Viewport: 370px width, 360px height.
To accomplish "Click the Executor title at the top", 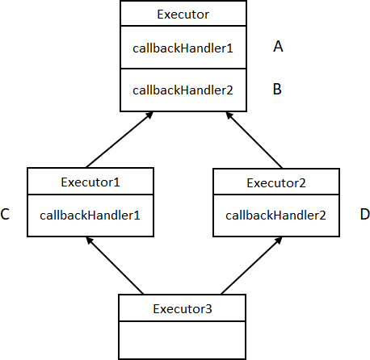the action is [183, 15].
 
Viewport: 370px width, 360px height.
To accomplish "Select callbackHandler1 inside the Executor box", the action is [183, 48].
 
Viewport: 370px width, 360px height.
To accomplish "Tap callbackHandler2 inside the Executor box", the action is [183, 90].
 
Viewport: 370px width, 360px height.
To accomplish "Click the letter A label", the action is [278, 46].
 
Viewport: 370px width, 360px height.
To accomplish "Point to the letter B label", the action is [277, 89].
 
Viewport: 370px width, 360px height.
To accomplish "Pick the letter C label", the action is [5, 214].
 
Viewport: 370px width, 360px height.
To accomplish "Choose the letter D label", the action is [365, 215].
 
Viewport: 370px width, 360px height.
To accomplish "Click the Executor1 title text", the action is [90, 182].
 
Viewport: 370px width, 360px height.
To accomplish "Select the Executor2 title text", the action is [276, 183].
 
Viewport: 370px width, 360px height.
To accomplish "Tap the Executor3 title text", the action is [183, 309].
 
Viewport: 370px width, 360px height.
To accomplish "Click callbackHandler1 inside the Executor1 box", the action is [90, 216].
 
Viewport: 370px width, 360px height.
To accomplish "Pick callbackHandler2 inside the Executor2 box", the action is [275, 216].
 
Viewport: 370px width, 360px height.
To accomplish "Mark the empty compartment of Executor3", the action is [182, 340].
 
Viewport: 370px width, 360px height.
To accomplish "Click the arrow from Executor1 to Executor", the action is [120, 140].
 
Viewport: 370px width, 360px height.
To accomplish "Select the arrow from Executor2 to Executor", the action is [254, 140].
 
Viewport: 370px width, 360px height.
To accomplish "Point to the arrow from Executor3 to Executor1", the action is [115, 266].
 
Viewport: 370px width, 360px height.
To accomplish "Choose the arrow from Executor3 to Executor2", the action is [251, 266].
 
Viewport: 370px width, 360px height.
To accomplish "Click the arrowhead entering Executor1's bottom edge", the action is [90, 241].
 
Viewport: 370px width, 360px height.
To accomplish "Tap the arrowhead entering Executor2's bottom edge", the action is [279, 241].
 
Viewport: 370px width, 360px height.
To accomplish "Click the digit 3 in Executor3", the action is [209, 309].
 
